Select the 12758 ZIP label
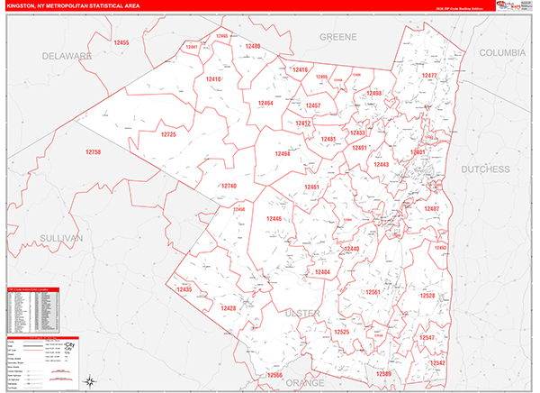coord(94,152)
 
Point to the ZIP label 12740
coord(228,186)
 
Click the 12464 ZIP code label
coord(265,104)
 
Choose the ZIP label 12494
coord(283,154)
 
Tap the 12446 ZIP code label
coord(274,218)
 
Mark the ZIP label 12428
coord(228,308)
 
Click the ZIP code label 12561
coord(373,292)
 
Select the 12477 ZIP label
coord(429,76)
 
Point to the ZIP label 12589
coord(384,372)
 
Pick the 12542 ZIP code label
coord(437,362)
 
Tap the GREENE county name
coord(338,37)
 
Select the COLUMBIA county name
coord(501,53)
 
